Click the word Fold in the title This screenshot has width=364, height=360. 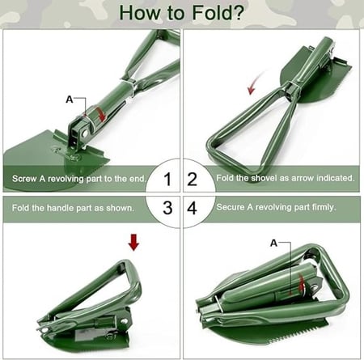[x=212, y=13]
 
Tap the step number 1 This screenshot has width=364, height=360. [x=167, y=179]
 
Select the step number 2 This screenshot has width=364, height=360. [x=192, y=179]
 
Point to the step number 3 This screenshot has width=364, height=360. [x=167, y=208]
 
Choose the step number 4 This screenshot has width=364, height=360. [x=192, y=208]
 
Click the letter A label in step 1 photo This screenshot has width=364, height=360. [x=70, y=100]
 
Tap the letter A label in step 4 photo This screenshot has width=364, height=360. [x=273, y=244]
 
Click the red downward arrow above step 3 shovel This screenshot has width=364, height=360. [x=133, y=243]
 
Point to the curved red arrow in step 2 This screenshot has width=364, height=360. [x=254, y=83]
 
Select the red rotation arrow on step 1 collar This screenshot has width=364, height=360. [x=101, y=114]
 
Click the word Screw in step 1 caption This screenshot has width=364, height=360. [x=24, y=179]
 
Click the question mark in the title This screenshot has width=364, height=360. [x=239, y=13]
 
